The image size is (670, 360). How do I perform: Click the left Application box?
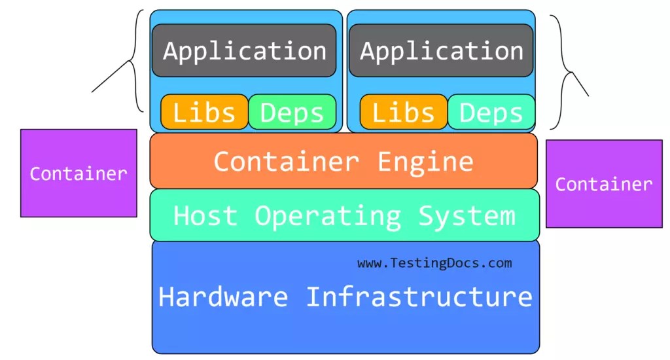(244, 50)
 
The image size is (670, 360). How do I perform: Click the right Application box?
(441, 50)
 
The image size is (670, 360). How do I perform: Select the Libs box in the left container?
(204, 112)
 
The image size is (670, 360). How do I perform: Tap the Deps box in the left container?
(292, 112)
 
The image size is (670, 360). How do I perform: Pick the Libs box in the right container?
(403, 112)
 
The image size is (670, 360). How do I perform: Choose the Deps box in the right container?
(491, 112)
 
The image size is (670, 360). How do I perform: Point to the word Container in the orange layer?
(286, 161)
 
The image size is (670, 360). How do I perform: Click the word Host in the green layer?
(205, 215)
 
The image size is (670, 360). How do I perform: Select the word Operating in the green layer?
(327, 215)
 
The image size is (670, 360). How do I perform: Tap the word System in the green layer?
(467, 215)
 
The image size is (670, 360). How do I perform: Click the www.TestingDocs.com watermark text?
(434, 263)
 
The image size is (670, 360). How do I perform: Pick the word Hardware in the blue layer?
(223, 297)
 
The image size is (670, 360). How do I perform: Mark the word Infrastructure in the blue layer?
(419, 297)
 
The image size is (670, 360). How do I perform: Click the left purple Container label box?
(79, 173)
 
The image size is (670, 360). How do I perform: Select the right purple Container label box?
(603, 184)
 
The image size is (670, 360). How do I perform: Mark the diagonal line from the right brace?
(578, 84)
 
